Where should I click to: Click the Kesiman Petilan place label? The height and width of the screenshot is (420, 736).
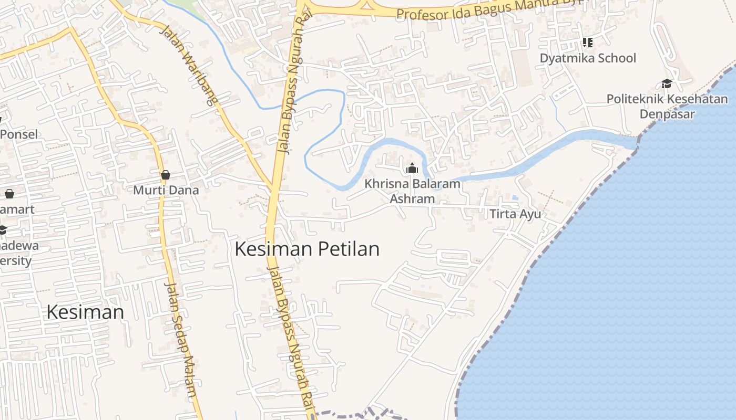[x=307, y=249]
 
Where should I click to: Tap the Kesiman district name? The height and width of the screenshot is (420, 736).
[x=85, y=312]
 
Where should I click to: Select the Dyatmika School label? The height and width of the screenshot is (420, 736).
[x=588, y=58]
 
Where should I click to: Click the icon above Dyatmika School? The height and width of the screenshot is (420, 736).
[x=587, y=42]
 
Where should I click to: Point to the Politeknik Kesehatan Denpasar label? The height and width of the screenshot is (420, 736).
[x=667, y=107]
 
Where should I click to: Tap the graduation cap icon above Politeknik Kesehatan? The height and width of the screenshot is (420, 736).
[x=667, y=83]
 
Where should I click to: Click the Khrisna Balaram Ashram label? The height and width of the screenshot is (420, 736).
[x=412, y=191]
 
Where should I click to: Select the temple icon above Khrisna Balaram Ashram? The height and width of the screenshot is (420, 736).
[x=412, y=168]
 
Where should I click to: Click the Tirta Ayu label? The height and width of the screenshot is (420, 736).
[x=515, y=214]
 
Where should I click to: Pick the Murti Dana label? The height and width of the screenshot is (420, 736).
[x=166, y=190]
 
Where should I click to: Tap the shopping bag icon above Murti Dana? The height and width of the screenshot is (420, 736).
[x=166, y=174]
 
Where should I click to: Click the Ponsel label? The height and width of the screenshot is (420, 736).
[x=19, y=134]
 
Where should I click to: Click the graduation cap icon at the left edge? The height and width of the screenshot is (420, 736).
[x=3, y=230]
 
